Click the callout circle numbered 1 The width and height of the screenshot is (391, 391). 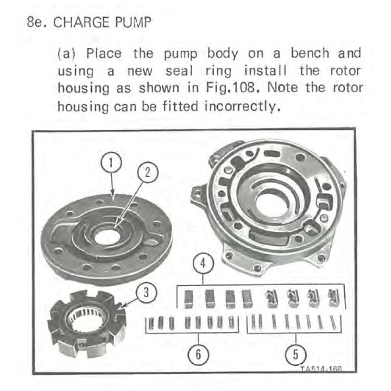[111, 162]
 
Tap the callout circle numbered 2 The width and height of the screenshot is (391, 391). [148, 173]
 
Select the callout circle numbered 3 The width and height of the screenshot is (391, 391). [147, 292]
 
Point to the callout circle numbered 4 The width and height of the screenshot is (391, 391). [203, 263]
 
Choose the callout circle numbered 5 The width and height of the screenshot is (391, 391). [296, 355]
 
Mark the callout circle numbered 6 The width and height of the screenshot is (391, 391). [198, 354]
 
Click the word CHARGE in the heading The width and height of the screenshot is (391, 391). [81, 22]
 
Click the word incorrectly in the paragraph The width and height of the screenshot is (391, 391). [242, 106]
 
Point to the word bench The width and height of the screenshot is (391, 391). [310, 53]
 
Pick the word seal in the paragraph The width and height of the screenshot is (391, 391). [179, 71]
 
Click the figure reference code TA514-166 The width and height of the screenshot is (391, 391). [321, 369]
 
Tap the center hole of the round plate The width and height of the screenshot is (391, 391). [108, 237]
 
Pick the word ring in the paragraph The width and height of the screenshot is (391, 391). [218, 72]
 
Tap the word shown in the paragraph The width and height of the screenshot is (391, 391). [159, 88]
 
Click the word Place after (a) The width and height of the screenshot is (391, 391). [104, 53]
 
